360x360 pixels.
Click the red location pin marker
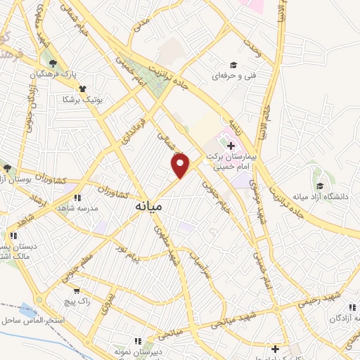pos(181,166)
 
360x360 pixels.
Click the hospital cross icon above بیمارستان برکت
pos(231,146)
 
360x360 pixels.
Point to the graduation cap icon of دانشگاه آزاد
pos(320,186)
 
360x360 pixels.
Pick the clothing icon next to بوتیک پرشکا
pos(83,89)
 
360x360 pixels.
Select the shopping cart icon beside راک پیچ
pos(76,289)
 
